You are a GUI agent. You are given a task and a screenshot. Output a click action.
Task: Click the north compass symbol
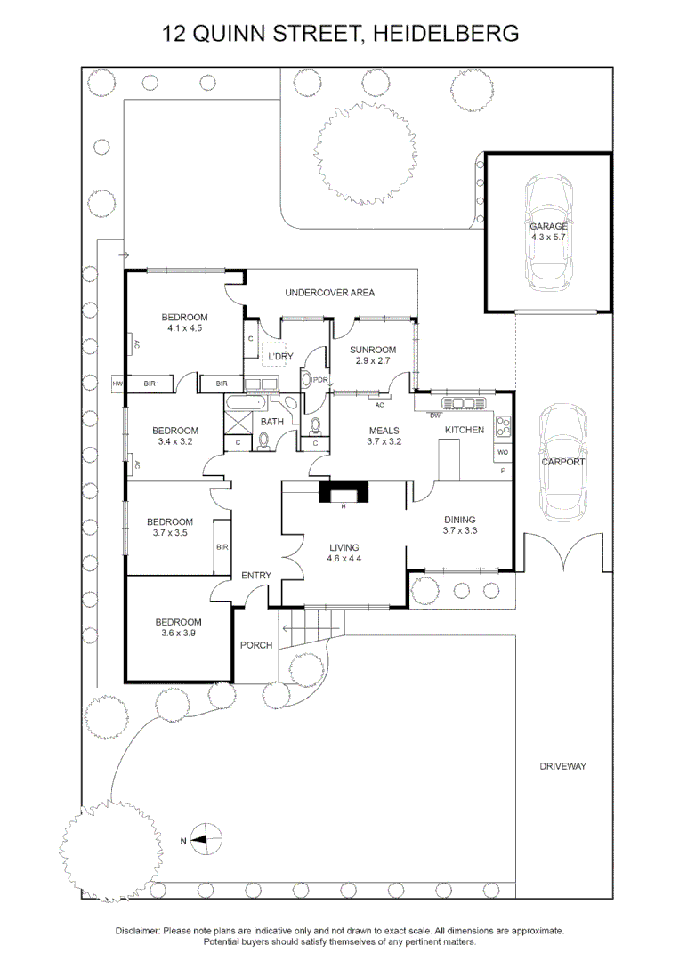tap(206, 838)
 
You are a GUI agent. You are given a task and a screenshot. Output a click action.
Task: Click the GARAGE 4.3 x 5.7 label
tap(548, 232)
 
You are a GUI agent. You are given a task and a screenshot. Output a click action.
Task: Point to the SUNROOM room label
tap(372, 350)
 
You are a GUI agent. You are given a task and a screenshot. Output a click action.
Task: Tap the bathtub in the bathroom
tap(239, 409)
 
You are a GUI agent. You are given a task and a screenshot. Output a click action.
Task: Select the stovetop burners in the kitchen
tap(504, 427)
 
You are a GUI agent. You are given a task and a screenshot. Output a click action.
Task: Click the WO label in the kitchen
tap(503, 452)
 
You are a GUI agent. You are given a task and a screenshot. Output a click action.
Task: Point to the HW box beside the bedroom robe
tap(117, 384)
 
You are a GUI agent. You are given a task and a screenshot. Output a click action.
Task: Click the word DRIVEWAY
tap(563, 766)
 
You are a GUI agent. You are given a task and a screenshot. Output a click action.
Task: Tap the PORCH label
tap(256, 645)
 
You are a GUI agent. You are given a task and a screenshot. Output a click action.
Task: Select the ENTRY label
tap(256, 576)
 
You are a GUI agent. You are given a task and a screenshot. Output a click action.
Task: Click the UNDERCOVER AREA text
tap(329, 292)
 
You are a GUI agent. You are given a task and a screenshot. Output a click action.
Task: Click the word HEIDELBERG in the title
tap(446, 34)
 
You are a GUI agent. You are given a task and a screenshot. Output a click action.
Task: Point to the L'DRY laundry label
tap(280, 357)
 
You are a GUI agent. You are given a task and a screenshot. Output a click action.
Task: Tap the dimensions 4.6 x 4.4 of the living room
tap(343, 559)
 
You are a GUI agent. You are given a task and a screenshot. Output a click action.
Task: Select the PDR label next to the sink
tap(321, 380)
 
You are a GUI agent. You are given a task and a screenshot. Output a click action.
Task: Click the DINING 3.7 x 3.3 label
tap(459, 525)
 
